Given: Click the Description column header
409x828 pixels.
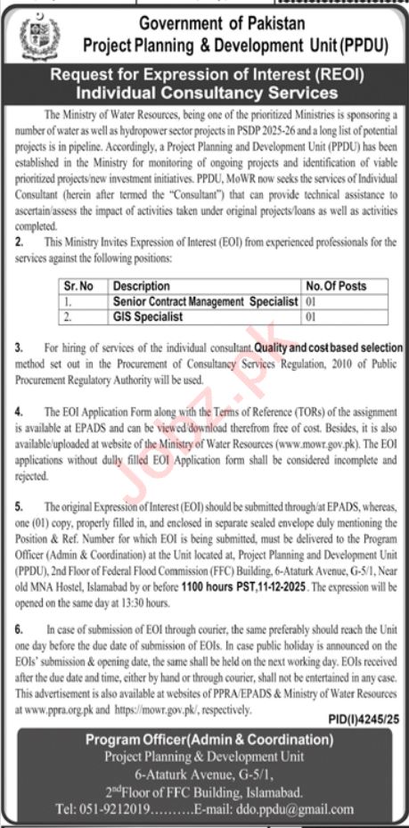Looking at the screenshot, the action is (141, 286).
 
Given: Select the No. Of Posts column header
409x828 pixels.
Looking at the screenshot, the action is (336, 286).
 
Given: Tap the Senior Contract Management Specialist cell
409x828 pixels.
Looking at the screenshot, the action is (205, 302).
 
